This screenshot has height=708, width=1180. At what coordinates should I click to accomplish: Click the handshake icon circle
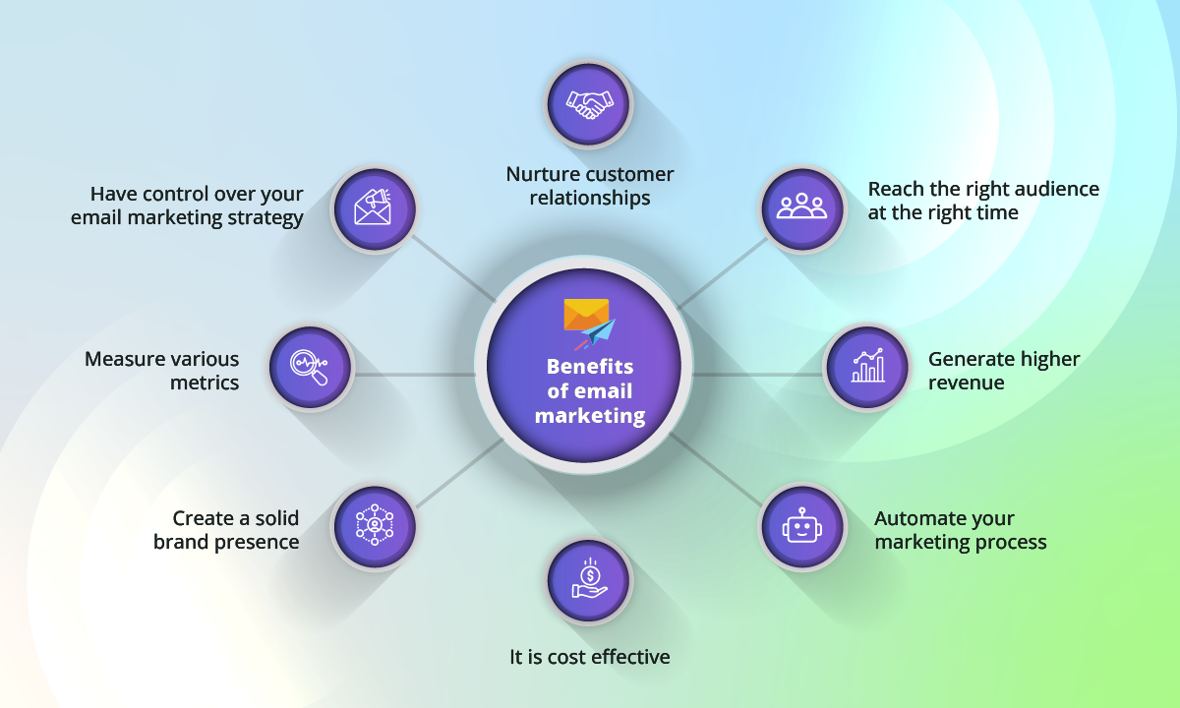[x=589, y=103]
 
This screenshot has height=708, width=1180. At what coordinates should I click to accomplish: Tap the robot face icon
[x=802, y=527]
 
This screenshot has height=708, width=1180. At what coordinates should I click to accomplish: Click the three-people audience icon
[x=802, y=207]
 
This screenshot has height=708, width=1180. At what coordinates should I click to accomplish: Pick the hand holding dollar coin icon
[x=589, y=580]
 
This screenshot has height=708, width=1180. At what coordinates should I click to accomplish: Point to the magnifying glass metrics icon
[x=311, y=367]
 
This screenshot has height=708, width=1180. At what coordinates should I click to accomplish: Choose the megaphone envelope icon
[x=374, y=207]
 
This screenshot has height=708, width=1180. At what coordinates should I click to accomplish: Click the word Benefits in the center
[x=590, y=367]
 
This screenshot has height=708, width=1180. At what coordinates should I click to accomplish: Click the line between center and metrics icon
[x=413, y=374]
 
